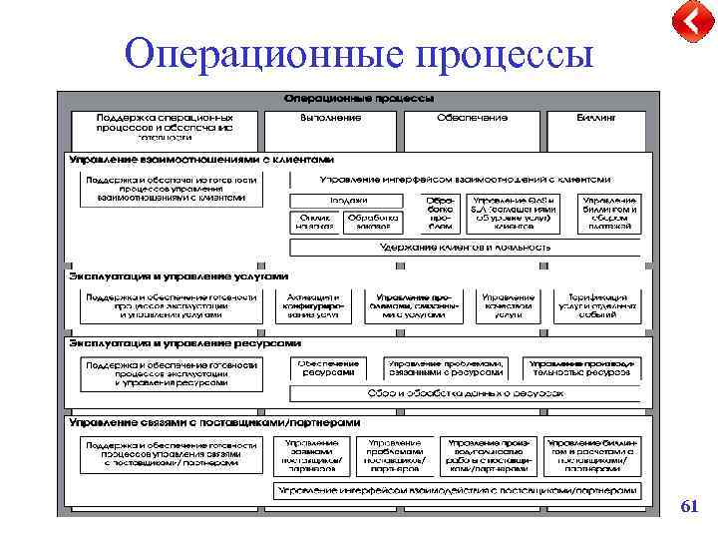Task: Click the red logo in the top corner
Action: click(x=687, y=23)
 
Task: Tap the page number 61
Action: click(x=688, y=507)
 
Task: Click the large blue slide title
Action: click(x=358, y=53)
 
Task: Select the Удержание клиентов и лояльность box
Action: click(x=465, y=246)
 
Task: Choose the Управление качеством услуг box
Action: click(x=508, y=305)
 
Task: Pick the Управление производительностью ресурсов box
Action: click(x=581, y=367)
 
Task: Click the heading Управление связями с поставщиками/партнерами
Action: click(x=214, y=422)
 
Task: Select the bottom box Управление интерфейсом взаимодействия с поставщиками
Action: click(x=457, y=491)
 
